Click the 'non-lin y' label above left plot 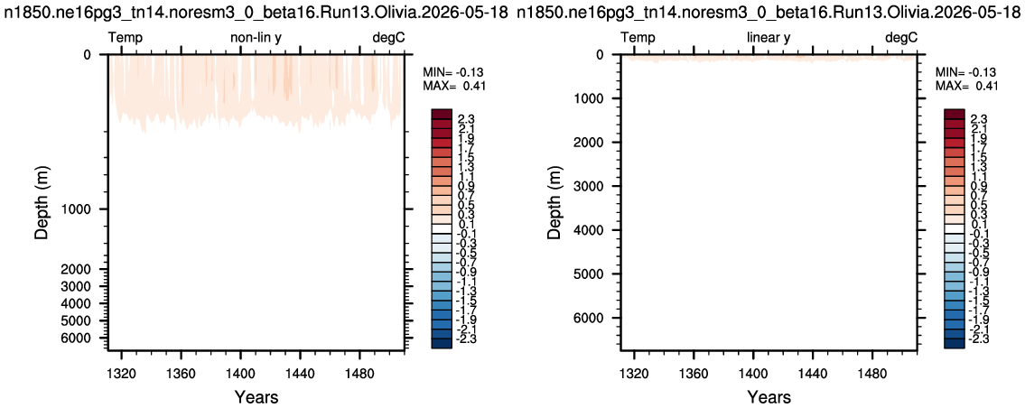coord(256,38)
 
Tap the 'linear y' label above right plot coord(769,38)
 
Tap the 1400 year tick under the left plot coord(240,375)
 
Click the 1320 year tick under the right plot coord(633,375)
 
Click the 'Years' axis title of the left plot coord(256,397)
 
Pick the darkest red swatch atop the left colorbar coord(442,113)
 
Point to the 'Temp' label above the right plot coord(638,38)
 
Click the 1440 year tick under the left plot coord(300,375)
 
